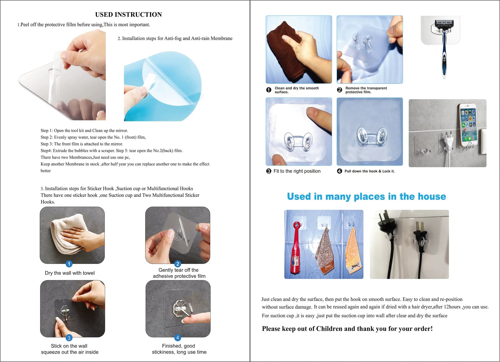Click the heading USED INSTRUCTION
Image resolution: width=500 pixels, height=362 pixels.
(128, 15)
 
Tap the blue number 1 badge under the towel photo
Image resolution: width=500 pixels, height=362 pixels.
(69, 264)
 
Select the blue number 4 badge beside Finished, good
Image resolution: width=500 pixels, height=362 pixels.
(178, 338)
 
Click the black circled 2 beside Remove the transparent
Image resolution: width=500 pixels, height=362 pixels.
(339, 90)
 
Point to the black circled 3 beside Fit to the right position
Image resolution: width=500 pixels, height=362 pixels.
(269, 171)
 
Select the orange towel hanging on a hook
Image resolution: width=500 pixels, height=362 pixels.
(353, 251)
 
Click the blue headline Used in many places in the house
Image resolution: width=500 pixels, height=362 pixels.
(366, 196)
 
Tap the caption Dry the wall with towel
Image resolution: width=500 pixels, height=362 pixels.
(70, 273)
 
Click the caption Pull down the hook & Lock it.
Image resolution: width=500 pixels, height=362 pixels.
(369, 171)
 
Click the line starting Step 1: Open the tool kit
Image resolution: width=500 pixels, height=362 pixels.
(84, 131)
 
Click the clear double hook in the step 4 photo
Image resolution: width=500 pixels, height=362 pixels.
(370, 136)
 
